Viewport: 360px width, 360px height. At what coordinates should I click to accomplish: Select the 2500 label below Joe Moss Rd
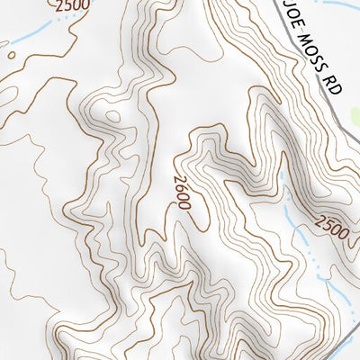330,227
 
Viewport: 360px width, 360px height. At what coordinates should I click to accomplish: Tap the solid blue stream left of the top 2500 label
27,33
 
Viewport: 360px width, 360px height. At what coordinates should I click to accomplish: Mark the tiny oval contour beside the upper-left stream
12,53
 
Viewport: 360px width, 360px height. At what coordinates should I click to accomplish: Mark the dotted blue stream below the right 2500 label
310,256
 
